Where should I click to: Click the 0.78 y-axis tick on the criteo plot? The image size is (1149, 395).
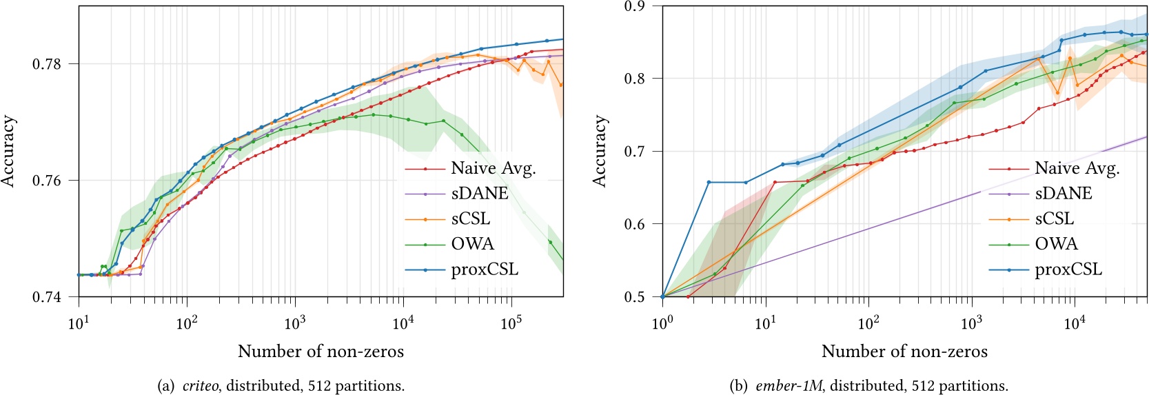46,64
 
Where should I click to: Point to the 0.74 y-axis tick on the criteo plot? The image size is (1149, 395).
46,297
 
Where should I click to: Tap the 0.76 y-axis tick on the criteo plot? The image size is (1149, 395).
46,181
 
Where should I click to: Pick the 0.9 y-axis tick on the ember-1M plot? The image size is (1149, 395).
633,6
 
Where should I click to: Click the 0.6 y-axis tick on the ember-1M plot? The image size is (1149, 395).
633,224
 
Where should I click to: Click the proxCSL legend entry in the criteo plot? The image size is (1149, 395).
484,270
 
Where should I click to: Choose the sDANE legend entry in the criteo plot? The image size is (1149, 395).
479,194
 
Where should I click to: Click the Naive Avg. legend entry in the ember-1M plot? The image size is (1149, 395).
1077,168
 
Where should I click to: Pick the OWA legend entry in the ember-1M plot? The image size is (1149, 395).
1056,244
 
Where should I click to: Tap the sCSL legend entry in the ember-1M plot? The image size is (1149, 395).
1054,219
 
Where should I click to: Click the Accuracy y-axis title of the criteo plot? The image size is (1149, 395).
8,152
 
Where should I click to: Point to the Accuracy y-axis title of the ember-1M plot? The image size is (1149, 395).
600,152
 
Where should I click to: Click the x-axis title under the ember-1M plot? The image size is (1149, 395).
904,352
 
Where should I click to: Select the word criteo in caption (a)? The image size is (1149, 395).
201,386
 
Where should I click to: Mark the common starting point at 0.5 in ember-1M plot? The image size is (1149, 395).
662,297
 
